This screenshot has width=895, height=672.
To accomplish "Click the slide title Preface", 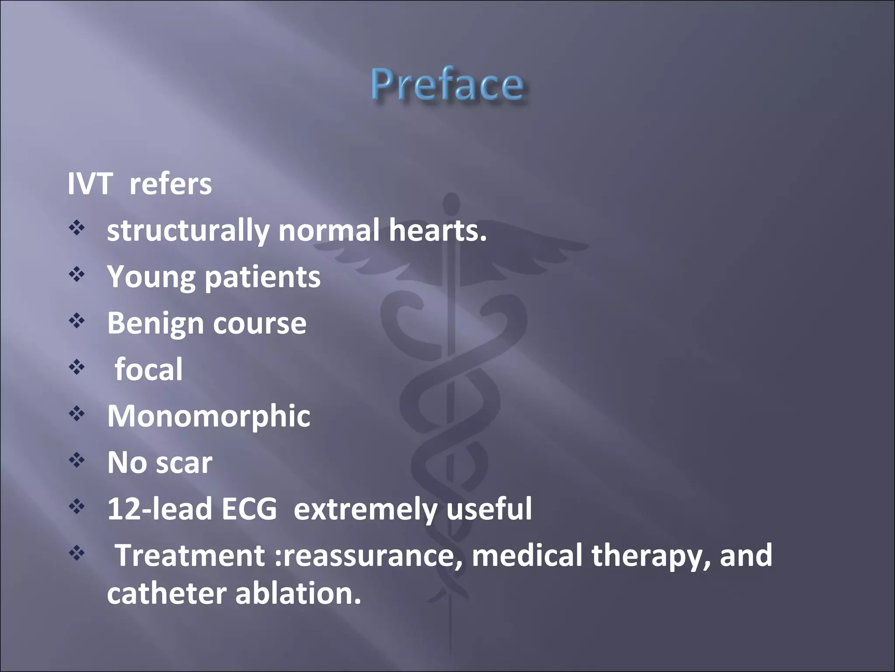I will click(447, 85).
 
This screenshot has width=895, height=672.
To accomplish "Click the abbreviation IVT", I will click(90, 184).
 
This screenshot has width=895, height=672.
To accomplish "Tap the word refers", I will click(170, 184).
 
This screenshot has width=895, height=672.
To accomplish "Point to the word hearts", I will click(437, 230).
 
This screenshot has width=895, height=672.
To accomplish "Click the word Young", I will click(151, 277).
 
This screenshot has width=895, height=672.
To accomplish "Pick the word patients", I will click(262, 277).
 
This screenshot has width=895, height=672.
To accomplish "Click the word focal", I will click(149, 370).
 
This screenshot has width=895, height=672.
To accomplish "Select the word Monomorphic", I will click(208, 416).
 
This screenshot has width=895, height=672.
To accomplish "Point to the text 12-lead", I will click(159, 509).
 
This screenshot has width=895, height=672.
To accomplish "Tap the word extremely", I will click(365, 510).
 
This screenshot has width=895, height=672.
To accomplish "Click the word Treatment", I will click(189, 555).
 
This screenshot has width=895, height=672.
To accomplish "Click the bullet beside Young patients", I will click(77, 275).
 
